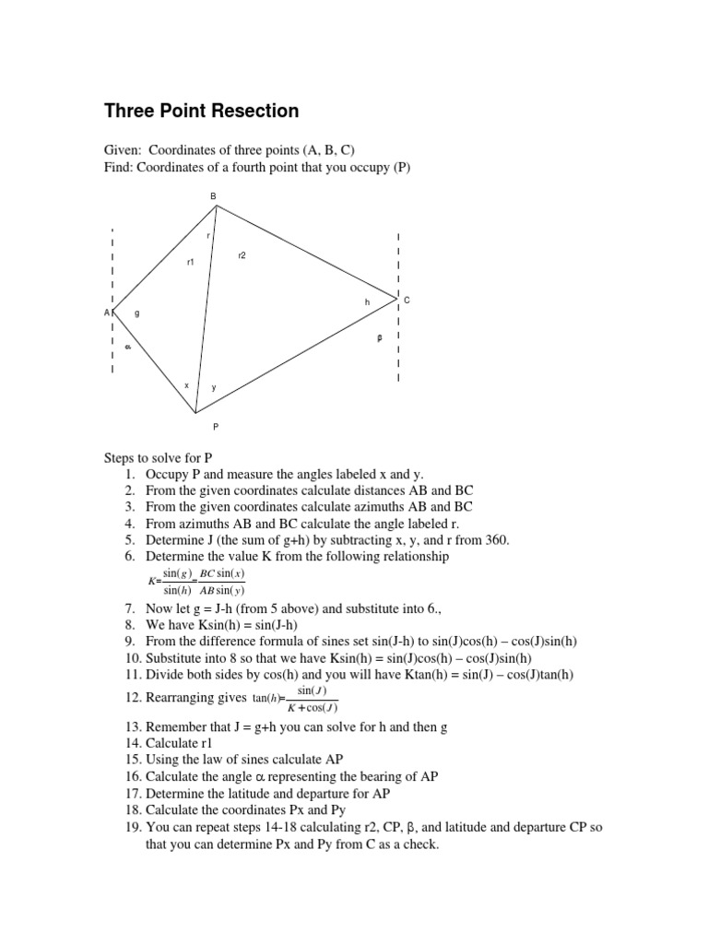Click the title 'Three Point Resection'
[x=201, y=112]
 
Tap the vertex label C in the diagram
[x=407, y=301]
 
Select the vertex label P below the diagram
[x=216, y=427]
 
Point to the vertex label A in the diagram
[x=107, y=313]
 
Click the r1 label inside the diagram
[x=191, y=263]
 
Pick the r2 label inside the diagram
[x=242, y=254]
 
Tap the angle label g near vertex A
[x=137, y=313]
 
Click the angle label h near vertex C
[x=366, y=301]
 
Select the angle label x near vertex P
[x=187, y=385]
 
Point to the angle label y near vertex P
[x=214, y=387]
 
